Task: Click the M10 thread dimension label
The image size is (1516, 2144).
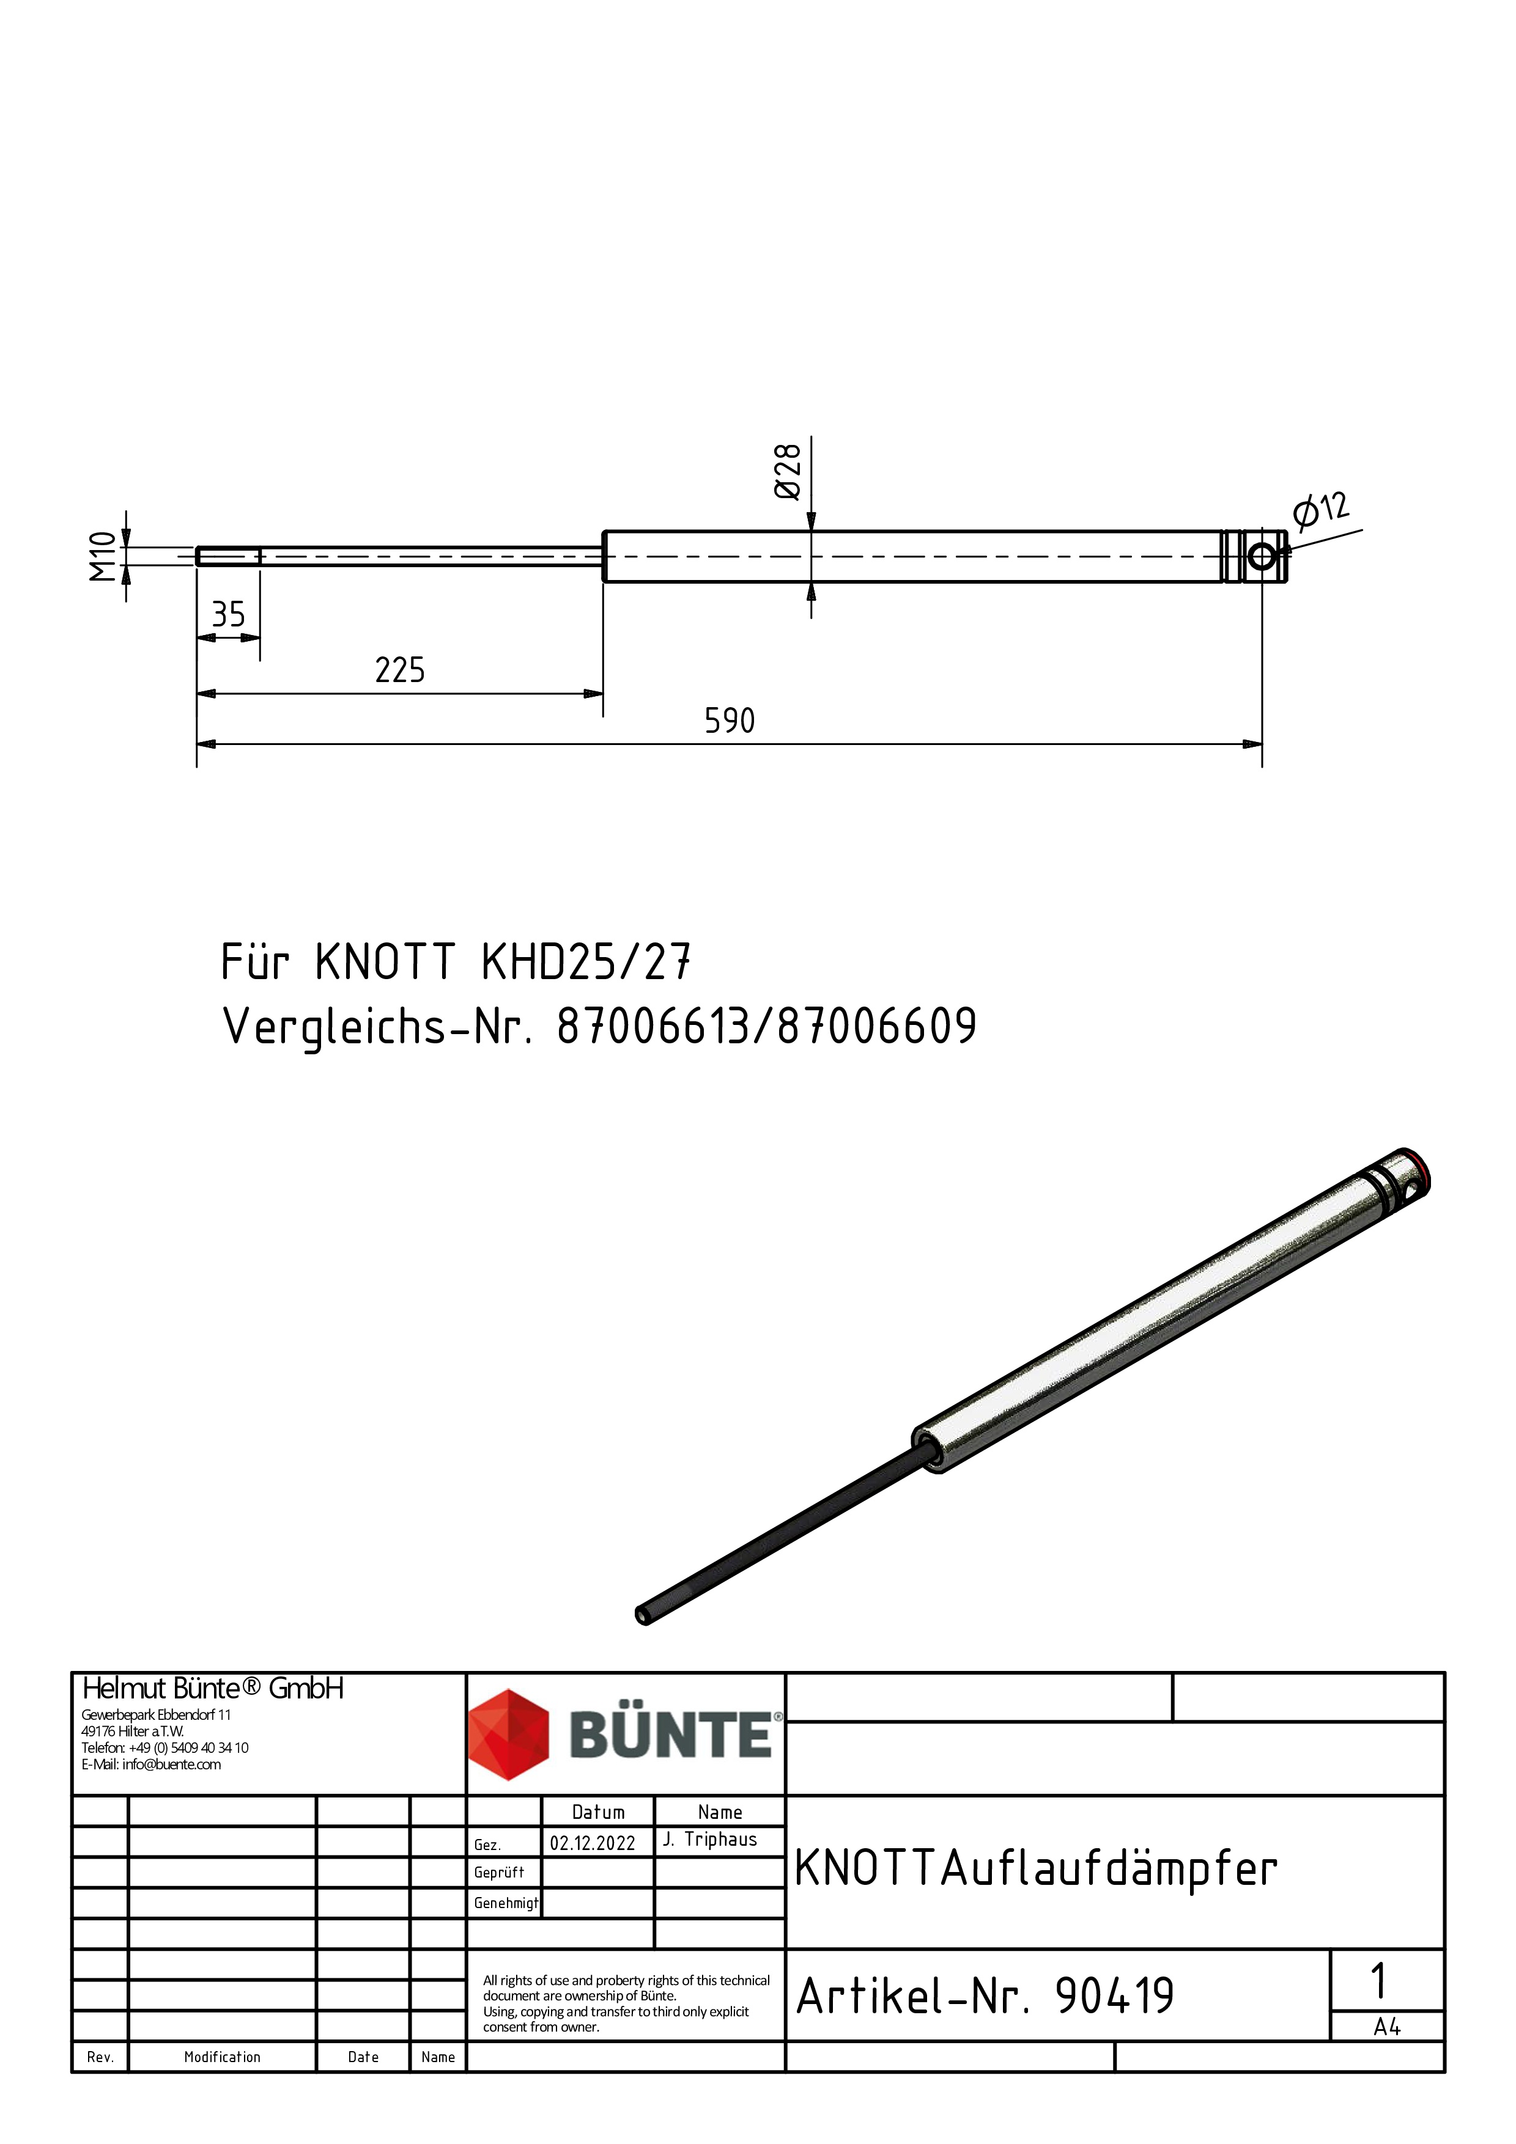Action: click(103, 557)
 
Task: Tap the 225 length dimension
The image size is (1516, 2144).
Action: click(400, 670)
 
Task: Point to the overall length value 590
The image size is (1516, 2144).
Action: click(730, 721)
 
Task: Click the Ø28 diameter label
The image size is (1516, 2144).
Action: click(788, 472)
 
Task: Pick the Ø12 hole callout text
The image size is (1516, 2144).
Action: click(1321, 509)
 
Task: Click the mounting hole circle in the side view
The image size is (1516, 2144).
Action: click(1262, 557)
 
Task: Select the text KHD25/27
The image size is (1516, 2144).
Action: click(586, 962)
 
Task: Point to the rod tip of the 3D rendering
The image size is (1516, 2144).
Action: click(643, 1615)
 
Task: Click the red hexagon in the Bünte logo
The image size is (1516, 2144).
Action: click(508, 1734)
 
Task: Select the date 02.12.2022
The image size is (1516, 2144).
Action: click(592, 1843)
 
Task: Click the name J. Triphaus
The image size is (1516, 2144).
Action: click(710, 1840)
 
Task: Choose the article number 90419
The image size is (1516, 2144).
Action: click(1114, 1997)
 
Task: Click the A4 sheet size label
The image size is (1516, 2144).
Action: click(1387, 2027)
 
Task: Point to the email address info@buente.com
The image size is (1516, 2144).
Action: click(171, 1764)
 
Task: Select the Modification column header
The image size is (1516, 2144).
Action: click(223, 2057)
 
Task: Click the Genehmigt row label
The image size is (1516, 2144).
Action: click(505, 1903)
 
